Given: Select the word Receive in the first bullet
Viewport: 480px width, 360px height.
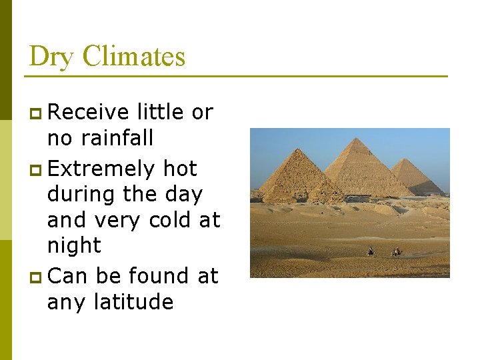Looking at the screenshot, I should [x=89, y=112].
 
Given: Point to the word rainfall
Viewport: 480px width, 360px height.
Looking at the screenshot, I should [x=117, y=137].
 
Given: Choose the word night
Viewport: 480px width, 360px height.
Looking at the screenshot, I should [x=74, y=245].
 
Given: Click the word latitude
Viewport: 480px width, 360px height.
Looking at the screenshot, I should [x=133, y=301].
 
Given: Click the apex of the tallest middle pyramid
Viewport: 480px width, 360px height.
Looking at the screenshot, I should [x=358, y=139].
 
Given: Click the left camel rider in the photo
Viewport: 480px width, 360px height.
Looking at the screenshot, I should [x=371, y=252].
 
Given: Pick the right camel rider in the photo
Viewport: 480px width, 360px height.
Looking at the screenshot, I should [x=397, y=252].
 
